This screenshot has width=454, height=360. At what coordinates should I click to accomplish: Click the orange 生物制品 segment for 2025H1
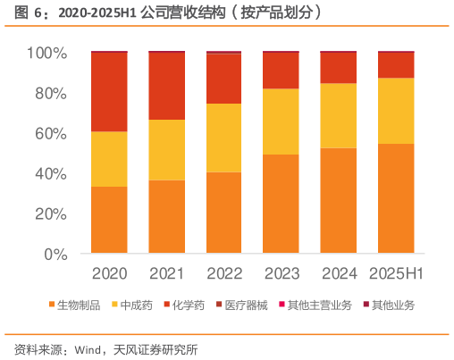coord(396,198)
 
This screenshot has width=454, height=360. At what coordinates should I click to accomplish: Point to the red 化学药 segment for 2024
coord(339,68)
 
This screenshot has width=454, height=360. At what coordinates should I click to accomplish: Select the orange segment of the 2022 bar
coord(223,213)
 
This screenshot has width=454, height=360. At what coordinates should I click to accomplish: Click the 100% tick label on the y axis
coord(46,54)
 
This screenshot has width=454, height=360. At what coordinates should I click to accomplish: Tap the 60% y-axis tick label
coord(50,134)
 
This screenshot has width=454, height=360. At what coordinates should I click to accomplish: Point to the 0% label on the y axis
coord(55,254)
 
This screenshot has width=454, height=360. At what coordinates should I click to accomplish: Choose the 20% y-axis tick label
coord(50,214)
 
